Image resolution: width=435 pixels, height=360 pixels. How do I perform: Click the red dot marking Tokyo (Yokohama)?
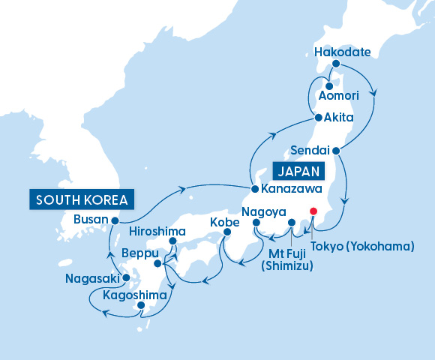[x=313, y=211]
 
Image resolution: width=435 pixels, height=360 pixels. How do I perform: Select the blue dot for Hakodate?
[x=336, y=64]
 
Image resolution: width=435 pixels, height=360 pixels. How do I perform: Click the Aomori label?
[x=339, y=97]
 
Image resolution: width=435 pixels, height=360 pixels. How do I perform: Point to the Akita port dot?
[x=319, y=118]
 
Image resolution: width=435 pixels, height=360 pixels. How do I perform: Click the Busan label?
[x=91, y=220]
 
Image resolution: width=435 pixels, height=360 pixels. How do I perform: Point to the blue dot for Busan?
[x=114, y=220]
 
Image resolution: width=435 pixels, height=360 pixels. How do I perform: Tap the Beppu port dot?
[x=157, y=263]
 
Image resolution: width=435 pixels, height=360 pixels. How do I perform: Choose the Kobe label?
[x=225, y=223]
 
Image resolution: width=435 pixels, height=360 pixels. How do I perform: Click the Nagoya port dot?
[x=256, y=223]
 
